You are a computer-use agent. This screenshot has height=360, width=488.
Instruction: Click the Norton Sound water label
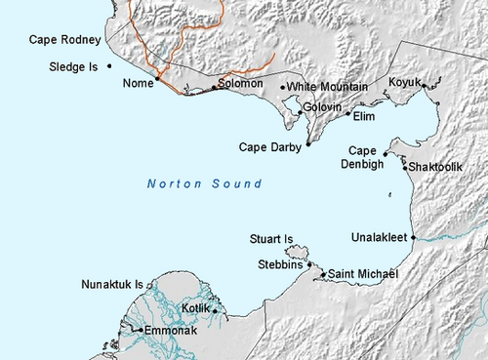click(204, 183)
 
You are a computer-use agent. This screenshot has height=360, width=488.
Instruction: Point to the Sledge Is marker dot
click(109, 66)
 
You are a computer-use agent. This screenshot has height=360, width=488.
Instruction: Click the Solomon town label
click(241, 83)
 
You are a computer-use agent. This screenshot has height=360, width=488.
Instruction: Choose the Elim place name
click(363, 116)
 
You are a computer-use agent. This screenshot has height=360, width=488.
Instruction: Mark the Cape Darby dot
click(308, 143)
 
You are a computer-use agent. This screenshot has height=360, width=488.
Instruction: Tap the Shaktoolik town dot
click(405, 168)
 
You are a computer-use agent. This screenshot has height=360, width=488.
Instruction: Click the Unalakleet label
click(380, 237)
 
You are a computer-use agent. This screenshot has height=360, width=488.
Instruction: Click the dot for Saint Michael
click(323, 274)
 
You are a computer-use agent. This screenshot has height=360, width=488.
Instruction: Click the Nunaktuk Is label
click(111, 285)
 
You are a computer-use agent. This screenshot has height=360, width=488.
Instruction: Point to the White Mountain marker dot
click(283, 88)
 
